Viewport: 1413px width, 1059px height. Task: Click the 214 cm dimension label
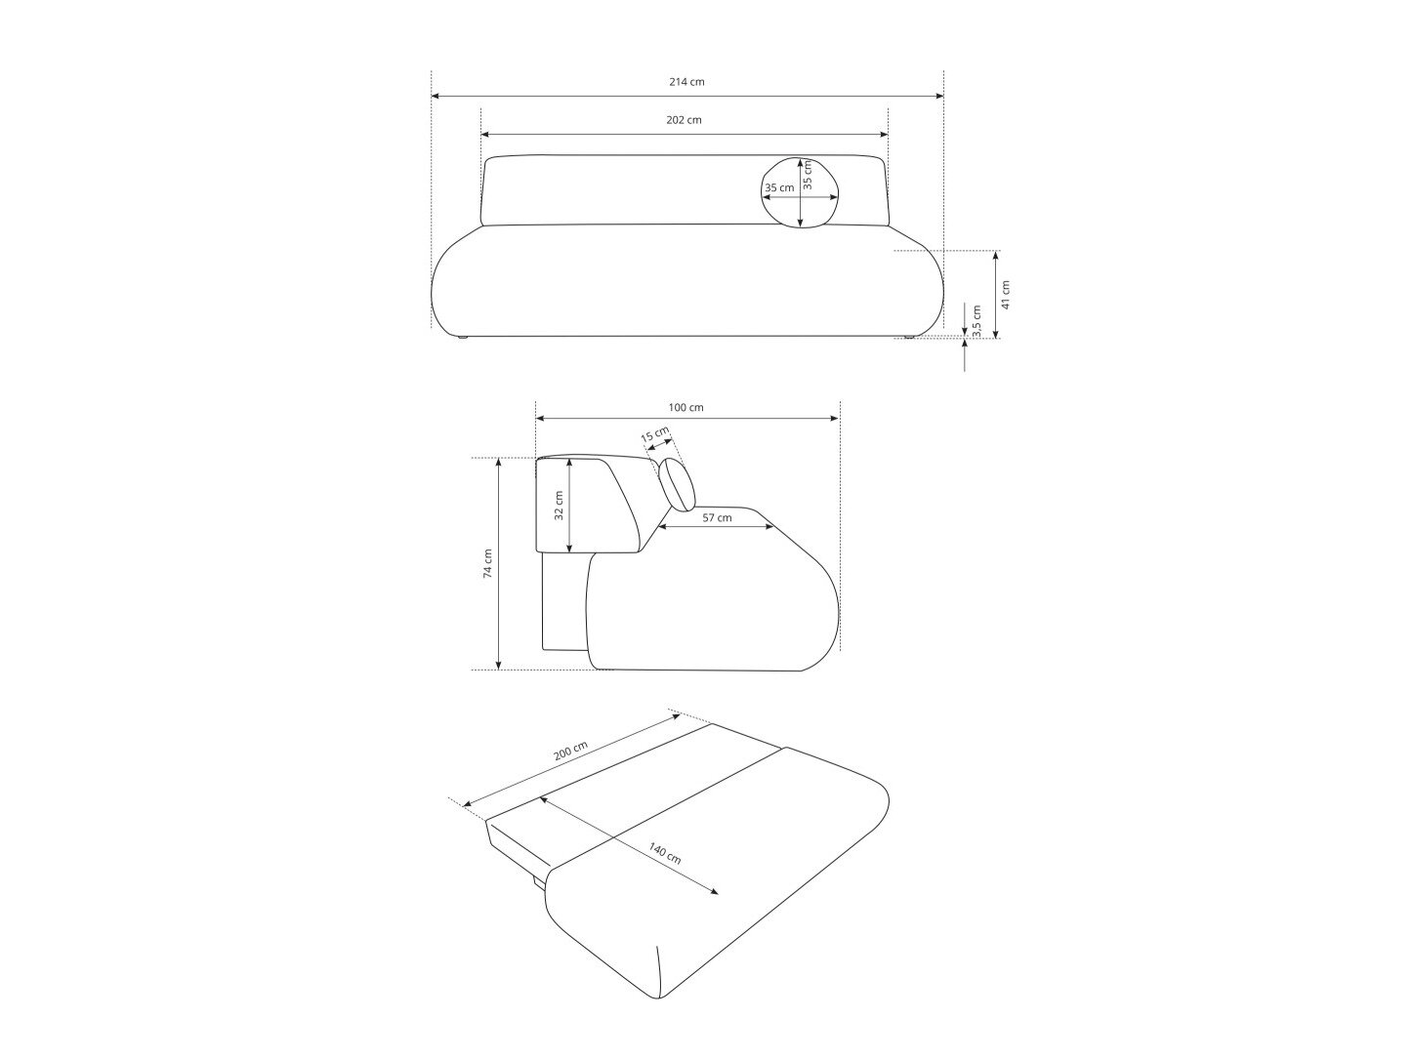[x=686, y=82]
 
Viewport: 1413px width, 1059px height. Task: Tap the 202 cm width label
[x=684, y=120]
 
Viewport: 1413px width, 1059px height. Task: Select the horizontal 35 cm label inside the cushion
[x=779, y=187]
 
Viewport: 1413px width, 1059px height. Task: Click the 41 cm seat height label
[x=1007, y=294]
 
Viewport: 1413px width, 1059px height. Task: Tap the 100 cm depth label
[x=686, y=407]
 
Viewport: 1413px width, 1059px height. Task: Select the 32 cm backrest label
[x=560, y=507]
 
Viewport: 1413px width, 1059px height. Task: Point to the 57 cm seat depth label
[x=717, y=517]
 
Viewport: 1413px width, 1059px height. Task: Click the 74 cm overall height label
[x=487, y=563]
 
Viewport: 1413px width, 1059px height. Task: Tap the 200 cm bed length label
[x=569, y=754]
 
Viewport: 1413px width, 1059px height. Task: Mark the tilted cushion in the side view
[x=677, y=485]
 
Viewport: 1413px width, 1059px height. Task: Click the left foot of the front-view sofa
[x=460, y=339]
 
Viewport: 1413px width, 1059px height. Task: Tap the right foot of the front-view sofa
[x=909, y=339]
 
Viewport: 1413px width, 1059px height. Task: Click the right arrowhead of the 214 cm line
[x=939, y=97]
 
